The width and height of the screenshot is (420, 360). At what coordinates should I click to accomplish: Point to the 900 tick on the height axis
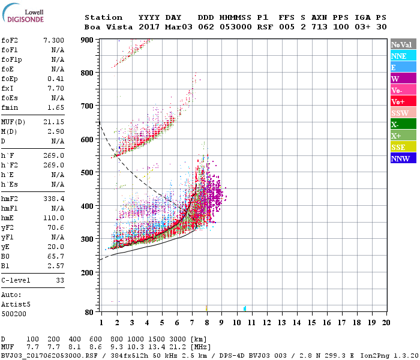[x=88, y=40]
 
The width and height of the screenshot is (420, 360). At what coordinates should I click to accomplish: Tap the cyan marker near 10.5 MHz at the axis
[x=245, y=308]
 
